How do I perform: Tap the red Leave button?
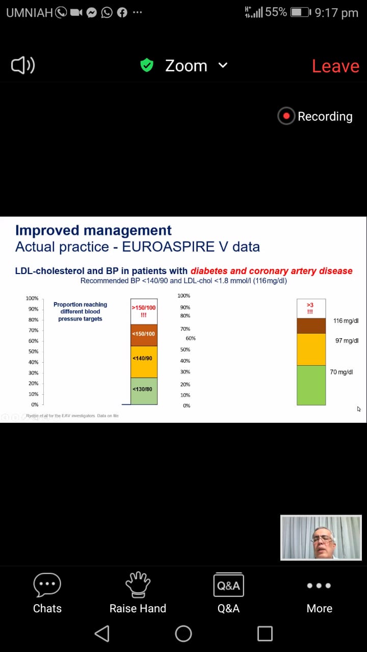335,66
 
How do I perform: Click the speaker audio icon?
23,65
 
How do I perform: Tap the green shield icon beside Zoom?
147,65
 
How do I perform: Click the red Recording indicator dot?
286,116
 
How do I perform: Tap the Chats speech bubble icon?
47,585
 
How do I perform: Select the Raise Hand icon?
138,585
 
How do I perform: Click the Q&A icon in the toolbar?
228,585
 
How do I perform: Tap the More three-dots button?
319,586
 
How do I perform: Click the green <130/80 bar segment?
144,391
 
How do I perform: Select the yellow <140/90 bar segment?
144,361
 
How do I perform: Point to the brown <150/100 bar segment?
144,335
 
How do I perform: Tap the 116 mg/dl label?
346,321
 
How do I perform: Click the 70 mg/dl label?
342,372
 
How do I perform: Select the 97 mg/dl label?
347,340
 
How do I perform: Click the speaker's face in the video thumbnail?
324,541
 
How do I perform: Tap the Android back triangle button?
102,633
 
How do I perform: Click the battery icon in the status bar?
300,12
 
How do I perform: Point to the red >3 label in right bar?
310,308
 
